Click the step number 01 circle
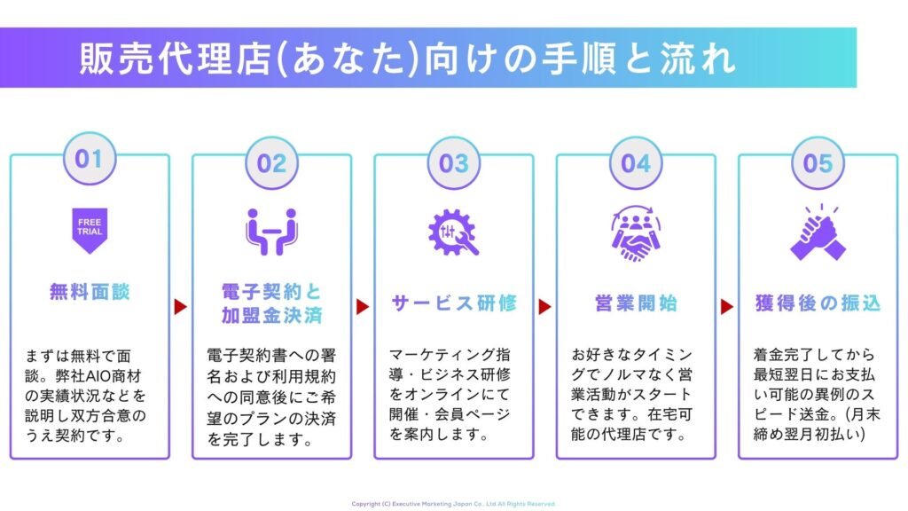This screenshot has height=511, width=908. point(90,160)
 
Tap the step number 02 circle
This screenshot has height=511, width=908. point(271,163)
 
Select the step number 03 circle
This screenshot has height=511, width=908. point(453,163)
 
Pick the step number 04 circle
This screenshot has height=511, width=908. point(636,163)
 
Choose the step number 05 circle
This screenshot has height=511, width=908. point(818,163)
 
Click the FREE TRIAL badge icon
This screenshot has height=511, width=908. point(90,230)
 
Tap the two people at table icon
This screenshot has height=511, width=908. point(271,232)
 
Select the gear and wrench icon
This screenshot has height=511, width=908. point(453,232)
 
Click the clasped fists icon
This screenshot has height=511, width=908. point(818,233)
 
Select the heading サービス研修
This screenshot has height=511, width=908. point(453,303)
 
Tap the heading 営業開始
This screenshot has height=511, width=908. point(636,303)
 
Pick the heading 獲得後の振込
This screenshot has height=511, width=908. point(818,303)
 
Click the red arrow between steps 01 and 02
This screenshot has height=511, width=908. point(180,307)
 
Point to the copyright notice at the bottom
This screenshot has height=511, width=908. point(453,504)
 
